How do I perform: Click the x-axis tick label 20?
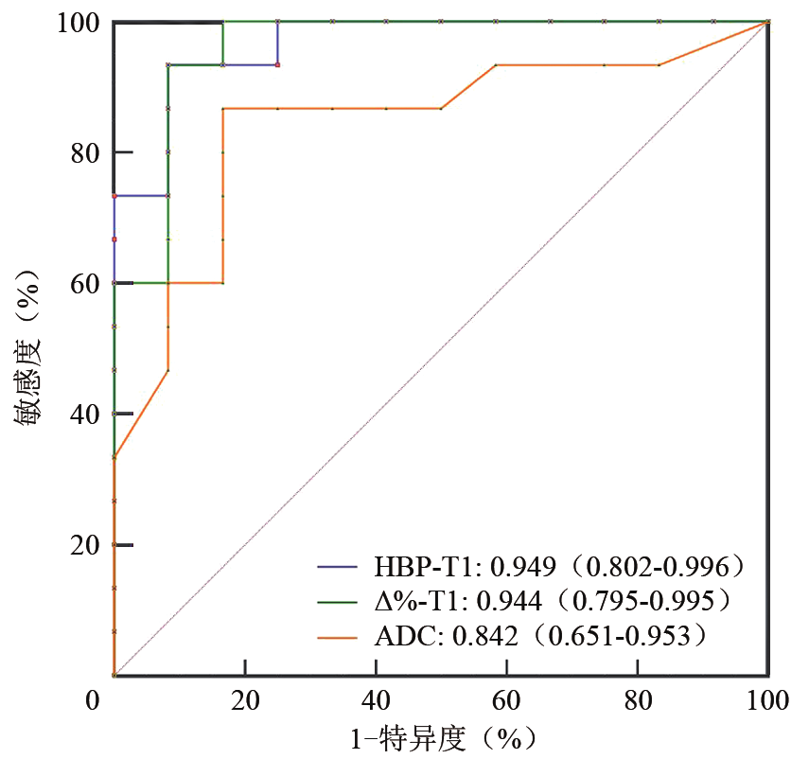244,701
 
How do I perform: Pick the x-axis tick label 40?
376,701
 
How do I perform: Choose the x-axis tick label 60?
506,701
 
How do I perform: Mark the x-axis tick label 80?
637,701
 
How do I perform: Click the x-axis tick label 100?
766,701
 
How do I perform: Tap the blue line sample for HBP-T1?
338,568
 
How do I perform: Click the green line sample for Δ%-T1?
338,602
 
